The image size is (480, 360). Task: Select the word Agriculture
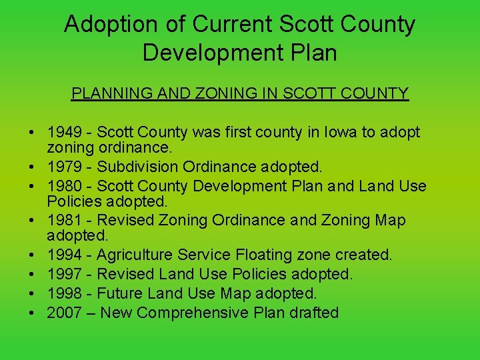point(136,255)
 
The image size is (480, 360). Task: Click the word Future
point(121,293)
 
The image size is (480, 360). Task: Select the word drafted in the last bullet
point(314,313)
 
